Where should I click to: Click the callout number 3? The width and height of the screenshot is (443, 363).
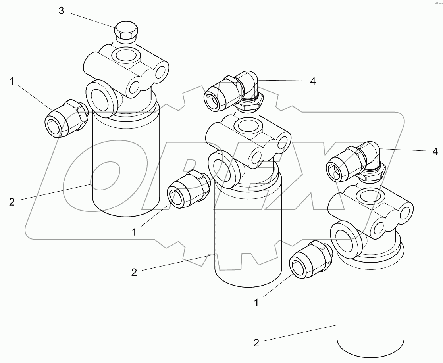pos(61,11)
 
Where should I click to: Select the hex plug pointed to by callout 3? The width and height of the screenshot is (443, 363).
pos(126,32)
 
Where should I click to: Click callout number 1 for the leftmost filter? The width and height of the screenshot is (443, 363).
pos(12,81)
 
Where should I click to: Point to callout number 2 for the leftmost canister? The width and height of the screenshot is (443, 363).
pos(12,202)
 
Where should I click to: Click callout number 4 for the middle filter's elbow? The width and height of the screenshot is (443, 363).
pos(313,81)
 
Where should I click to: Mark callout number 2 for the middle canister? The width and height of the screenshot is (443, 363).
pos(134,272)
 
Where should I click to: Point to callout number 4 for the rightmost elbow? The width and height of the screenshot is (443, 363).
pos(435,151)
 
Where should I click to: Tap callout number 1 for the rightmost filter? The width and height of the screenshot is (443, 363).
pos(256,302)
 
